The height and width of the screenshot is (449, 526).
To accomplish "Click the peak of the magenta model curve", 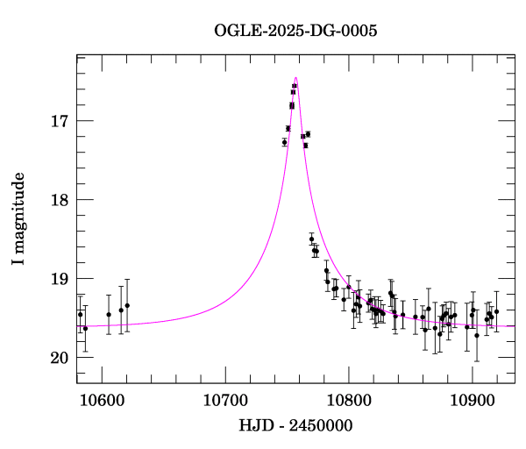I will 296,78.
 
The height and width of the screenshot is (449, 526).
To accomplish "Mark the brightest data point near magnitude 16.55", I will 295,86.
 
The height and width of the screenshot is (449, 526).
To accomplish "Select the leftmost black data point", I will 80,314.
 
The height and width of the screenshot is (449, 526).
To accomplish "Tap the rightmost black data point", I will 496,311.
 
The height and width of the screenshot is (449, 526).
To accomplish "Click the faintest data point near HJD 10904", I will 477,335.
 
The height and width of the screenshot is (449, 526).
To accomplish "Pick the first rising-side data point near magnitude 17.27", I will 284,142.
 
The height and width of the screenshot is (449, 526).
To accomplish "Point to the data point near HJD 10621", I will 127,305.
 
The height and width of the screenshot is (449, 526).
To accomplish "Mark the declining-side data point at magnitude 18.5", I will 311,239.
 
